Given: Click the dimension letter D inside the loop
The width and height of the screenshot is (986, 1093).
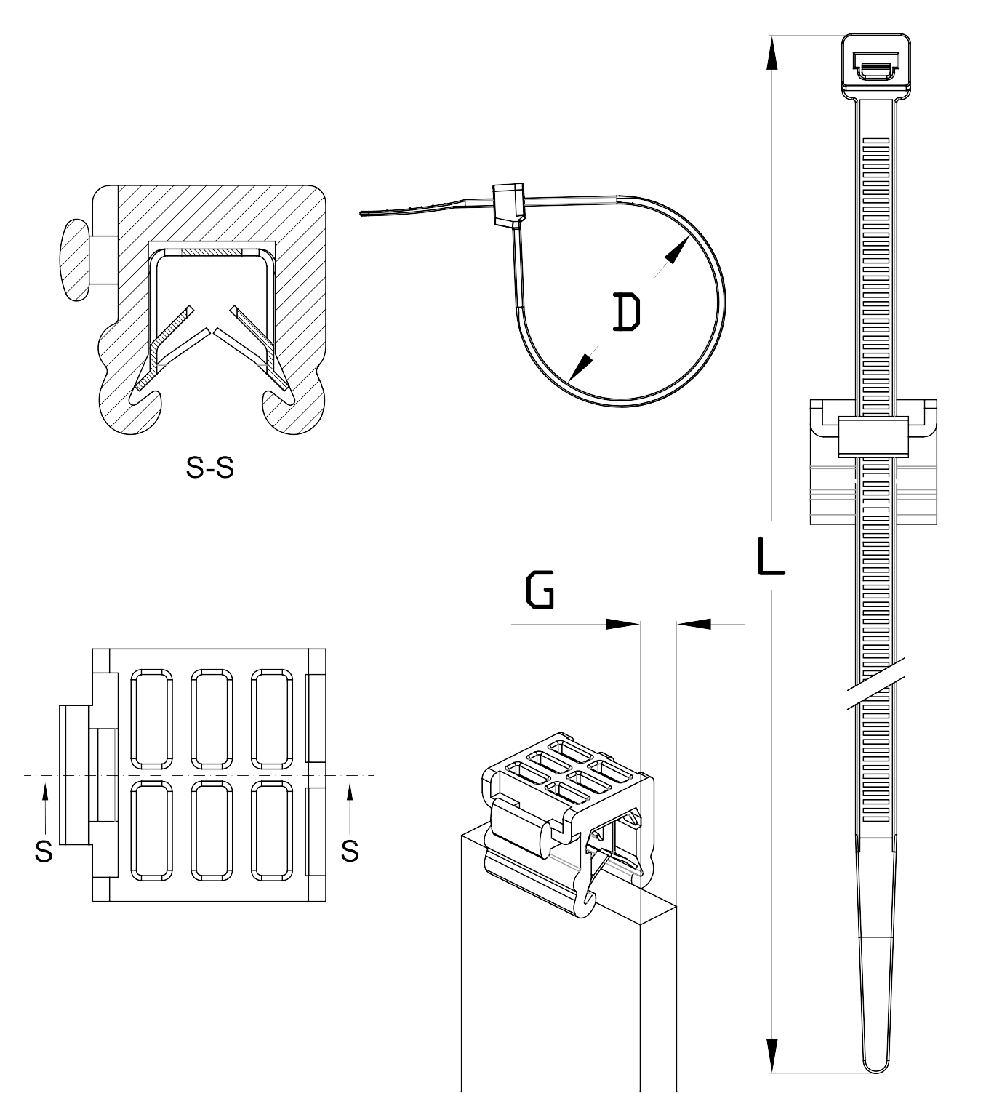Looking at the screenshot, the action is point(626,312).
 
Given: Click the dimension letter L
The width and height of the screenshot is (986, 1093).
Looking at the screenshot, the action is point(771,556).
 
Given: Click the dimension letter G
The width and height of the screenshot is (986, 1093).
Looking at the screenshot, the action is point(540,590).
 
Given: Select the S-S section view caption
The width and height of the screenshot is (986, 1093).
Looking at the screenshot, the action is point(210,468).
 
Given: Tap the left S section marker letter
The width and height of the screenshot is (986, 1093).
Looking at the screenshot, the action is point(44,851).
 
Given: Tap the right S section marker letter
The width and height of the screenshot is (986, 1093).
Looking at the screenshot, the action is point(350,851).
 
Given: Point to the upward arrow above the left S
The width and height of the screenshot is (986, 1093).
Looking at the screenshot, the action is point(45,810).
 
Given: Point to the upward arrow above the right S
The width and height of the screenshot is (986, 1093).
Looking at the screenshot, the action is point(350,810).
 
